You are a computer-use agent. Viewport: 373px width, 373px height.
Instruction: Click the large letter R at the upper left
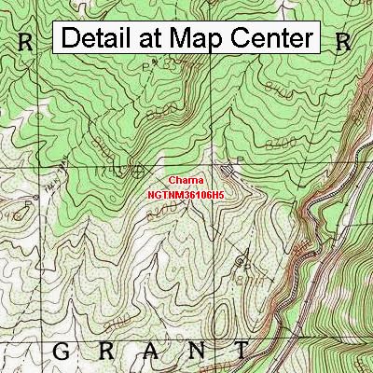pyautogui.click(x=25, y=42)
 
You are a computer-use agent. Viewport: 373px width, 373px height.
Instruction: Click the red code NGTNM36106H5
pyautogui.click(x=186, y=196)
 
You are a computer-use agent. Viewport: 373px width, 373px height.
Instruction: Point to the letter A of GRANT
pyautogui.click(x=150, y=351)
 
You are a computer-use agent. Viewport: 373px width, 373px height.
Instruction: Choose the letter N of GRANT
pyautogui.click(x=195, y=351)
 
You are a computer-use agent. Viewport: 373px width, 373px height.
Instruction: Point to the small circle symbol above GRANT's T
pyautogui.click(x=246, y=264)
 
